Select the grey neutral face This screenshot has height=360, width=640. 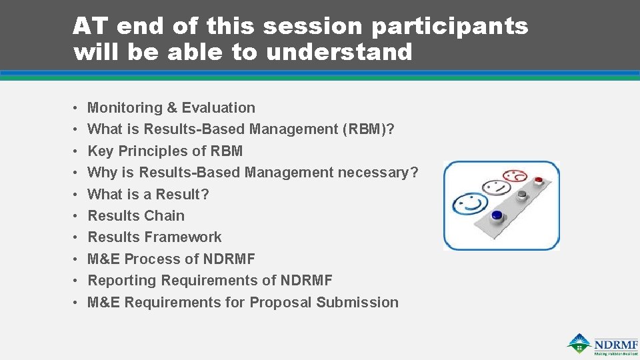[493, 188]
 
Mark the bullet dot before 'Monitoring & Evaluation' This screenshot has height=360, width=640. [77, 108]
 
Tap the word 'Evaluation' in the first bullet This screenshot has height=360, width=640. [219, 108]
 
